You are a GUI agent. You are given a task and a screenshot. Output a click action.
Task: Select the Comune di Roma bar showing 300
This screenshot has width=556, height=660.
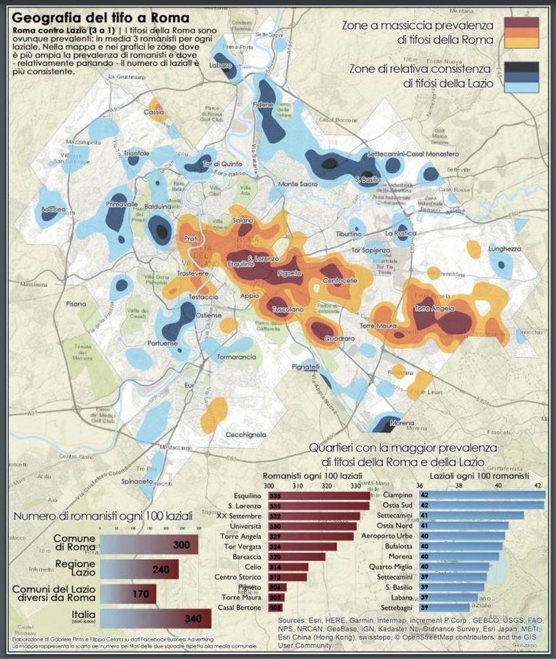pos(149,545)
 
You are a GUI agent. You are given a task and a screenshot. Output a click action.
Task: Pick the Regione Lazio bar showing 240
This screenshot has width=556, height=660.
pos(139,569)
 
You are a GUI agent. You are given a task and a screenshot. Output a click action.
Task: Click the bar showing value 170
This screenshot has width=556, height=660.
pos(128,594)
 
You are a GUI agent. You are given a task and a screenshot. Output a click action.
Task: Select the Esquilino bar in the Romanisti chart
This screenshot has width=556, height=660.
pos(319,496)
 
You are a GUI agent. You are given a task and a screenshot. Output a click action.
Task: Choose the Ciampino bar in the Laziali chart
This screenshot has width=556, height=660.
pos(482,496)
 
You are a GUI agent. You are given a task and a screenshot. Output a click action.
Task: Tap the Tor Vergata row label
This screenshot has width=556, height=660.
pos(245,547)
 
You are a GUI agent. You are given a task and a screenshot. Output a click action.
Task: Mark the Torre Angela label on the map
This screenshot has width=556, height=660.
pos(433,309)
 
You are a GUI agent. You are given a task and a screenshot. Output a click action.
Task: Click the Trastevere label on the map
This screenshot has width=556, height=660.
pos(193,273)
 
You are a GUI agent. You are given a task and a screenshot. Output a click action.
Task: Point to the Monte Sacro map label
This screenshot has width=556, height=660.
pos(298,184)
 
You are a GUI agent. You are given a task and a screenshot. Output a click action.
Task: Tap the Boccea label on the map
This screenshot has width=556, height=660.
pos(53,210)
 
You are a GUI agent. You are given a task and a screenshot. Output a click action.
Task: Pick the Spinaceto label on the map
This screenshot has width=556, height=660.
pos(138,481)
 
